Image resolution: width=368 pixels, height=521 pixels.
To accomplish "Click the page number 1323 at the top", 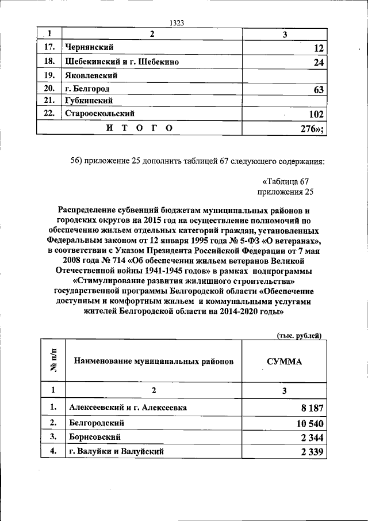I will [x=177, y=23].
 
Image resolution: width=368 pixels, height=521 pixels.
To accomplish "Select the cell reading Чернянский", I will [x=88, y=47].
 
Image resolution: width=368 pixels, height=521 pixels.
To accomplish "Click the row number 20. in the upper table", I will [x=49, y=89].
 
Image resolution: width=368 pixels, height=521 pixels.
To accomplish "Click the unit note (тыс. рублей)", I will [x=299, y=336].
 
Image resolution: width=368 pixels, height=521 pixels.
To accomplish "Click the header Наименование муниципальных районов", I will [x=152, y=363].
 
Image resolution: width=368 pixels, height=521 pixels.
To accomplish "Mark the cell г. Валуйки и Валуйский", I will [x=116, y=452].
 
